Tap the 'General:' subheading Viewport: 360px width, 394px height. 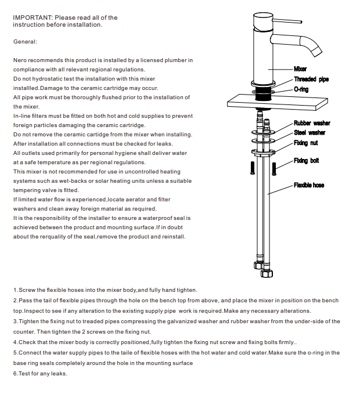(x=25, y=42)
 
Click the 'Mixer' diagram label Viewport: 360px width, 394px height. (x=300, y=69)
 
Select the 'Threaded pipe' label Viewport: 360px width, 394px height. (x=311, y=79)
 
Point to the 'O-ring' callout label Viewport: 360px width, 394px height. (x=301, y=90)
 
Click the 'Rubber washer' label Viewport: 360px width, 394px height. (x=311, y=123)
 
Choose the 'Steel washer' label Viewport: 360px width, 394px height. (x=309, y=133)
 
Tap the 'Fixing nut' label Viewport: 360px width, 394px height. (x=305, y=143)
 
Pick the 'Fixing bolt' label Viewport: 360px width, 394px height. (x=306, y=161)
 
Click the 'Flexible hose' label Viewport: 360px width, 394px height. (x=309, y=185)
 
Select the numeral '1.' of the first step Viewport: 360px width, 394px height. (x=15, y=290)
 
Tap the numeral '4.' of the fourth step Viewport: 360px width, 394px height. (x=15, y=342)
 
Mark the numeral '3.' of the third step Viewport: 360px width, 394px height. (x=15, y=321)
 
